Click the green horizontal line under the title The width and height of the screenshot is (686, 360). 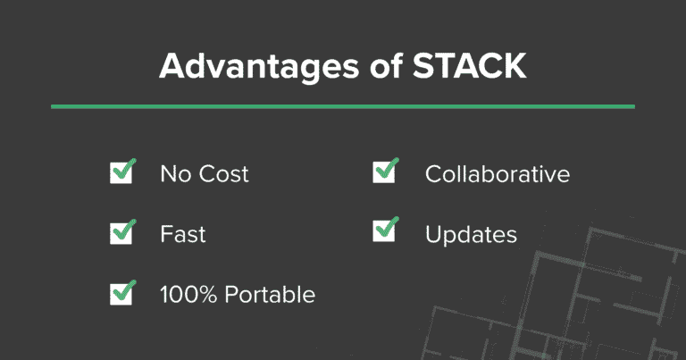pyautogui.click(x=343, y=106)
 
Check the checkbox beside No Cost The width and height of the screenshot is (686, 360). pyautogui.click(x=121, y=172)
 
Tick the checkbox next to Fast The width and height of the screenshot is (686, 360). pyautogui.click(x=121, y=233)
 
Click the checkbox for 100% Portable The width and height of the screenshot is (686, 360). pyautogui.click(x=121, y=293)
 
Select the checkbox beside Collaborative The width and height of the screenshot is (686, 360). pyautogui.click(x=384, y=172)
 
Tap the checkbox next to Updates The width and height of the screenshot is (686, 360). pyautogui.click(x=384, y=233)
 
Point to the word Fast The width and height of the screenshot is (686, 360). pyautogui.click(x=183, y=234)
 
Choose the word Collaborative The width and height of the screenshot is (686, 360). pyautogui.click(x=498, y=173)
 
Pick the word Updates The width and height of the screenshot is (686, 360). pyautogui.click(x=471, y=235)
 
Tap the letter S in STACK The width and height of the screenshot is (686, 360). pyautogui.click(x=412, y=66)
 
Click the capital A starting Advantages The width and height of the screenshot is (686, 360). pyautogui.click(x=171, y=66)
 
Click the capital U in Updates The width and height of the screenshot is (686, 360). pyautogui.click(x=434, y=234)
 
